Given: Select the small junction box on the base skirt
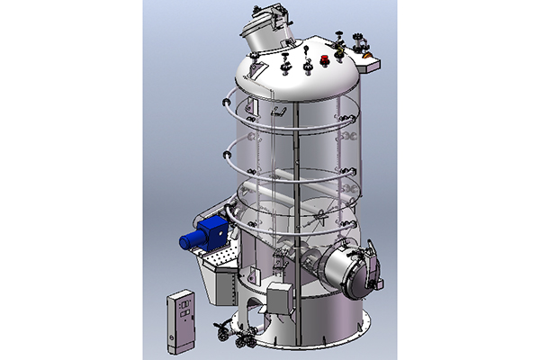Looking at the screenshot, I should tap(281, 296).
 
